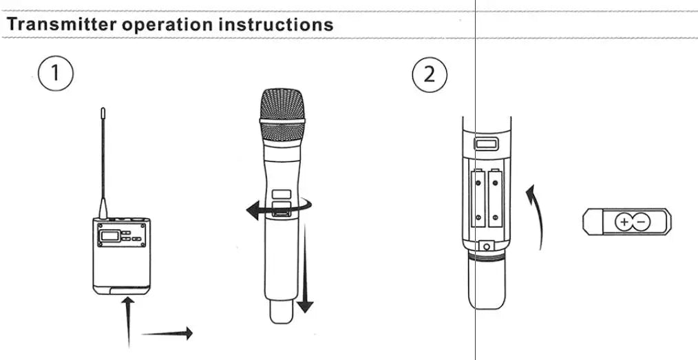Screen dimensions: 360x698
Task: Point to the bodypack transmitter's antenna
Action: tap(103, 158)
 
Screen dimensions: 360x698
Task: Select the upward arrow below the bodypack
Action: tap(128, 320)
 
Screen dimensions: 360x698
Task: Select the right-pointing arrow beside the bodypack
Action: tap(167, 333)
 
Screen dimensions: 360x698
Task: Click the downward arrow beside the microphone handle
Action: tap(306, 272)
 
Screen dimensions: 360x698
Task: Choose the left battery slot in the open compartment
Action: tap(478, 200)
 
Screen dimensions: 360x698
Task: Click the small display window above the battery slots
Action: tap(487, 143)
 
